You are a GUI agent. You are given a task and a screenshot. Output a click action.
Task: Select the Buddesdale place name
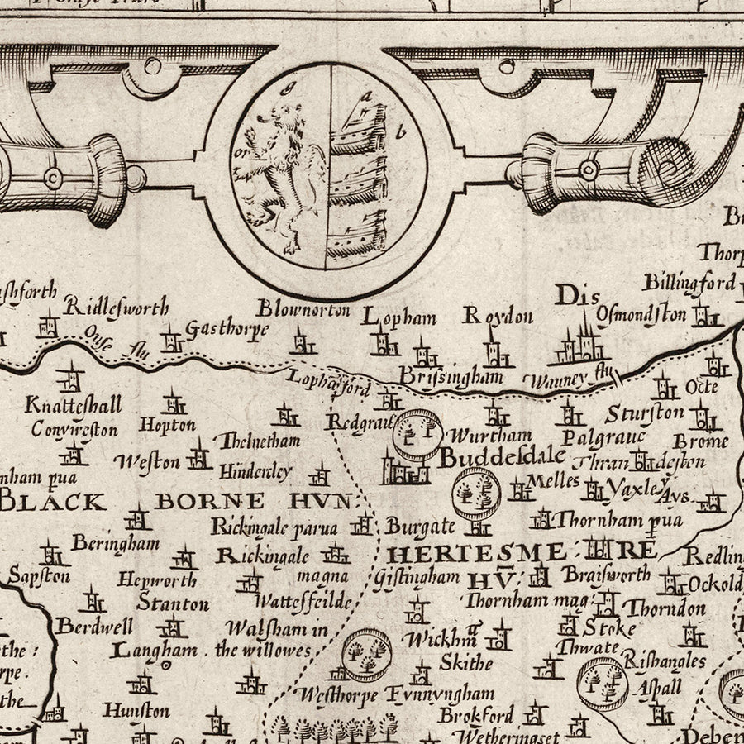point(502,456)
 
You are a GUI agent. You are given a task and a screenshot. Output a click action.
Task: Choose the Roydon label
point(498,316)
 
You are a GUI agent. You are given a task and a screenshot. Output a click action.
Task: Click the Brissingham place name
point(450,376)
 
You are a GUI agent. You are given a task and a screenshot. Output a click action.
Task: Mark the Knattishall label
point(74,405)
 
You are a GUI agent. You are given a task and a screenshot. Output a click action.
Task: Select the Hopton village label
point(167,425)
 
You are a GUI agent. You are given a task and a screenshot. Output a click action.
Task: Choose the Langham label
point(155,650)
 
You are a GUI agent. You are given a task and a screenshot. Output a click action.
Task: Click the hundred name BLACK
point(54,501)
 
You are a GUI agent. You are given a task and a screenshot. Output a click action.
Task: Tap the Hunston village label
point(136,709)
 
